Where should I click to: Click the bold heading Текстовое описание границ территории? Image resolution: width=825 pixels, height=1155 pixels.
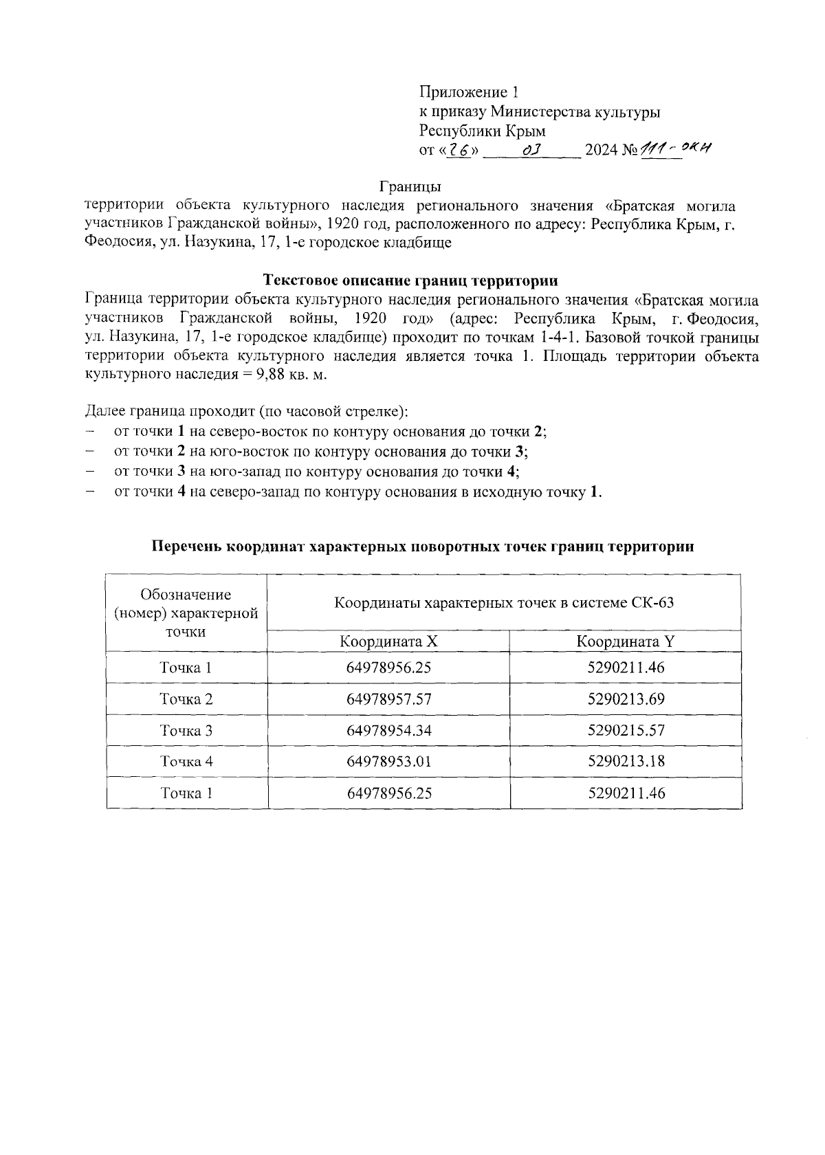[x=411, y=280]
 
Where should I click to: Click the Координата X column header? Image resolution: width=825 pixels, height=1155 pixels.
[x=388, y=641]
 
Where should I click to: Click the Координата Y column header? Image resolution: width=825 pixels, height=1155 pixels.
[x=626, y=641]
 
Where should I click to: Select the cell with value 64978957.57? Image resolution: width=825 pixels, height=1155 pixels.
[x=389, y=699]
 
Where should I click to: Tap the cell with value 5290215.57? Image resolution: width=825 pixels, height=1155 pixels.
[x=626, y=730]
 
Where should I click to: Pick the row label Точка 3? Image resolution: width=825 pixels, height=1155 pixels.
[x=186, y=730]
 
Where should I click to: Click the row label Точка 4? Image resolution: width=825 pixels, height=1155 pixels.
[x=186, y=761]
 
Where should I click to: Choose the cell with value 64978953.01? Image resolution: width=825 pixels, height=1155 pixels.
[x=389, y=761]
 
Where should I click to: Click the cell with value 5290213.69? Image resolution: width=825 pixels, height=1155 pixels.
[x=626, y=699]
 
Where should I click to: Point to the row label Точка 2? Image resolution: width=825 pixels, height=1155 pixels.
[x=186, y=699]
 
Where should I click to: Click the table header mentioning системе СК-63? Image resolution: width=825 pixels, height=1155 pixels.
[x=503, y=603]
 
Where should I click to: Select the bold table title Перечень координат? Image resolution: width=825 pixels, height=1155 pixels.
[x=422, y=547]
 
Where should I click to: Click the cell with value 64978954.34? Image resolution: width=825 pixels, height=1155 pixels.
[x=389, y=730]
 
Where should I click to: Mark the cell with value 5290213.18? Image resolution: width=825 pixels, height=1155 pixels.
[x=626, y=761]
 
